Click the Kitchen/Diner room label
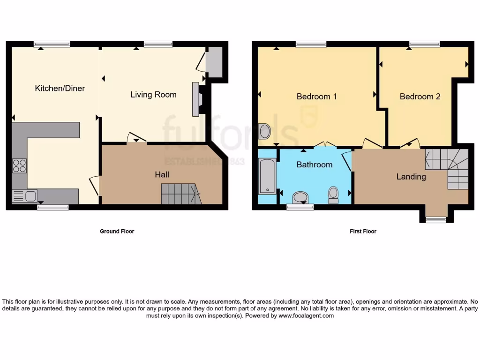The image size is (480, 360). tap(60, 88)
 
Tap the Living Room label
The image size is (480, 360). tap(153, 95)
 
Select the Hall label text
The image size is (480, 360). tap(162, 174)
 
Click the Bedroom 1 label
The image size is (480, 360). tap(316, 97)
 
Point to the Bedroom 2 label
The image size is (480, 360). tap(420, 97)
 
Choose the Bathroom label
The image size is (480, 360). tap(315, 165)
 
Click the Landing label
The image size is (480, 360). tap(411, 177)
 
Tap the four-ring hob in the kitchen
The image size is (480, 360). tap(19, 166)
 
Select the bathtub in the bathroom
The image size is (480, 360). tap(267, 176)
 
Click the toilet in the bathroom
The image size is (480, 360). tap(333, 195)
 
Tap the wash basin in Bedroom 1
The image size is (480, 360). tap(264, 131)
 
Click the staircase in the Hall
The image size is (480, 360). tap(181, 194)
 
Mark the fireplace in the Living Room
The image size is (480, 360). tap(197, 99)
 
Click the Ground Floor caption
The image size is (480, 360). tap(117, 231)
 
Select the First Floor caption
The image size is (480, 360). tap(363, 231)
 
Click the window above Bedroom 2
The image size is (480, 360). tap(424, 44)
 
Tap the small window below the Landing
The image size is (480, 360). tap(435, 219)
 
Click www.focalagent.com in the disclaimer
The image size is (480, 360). tap(307, 316)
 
